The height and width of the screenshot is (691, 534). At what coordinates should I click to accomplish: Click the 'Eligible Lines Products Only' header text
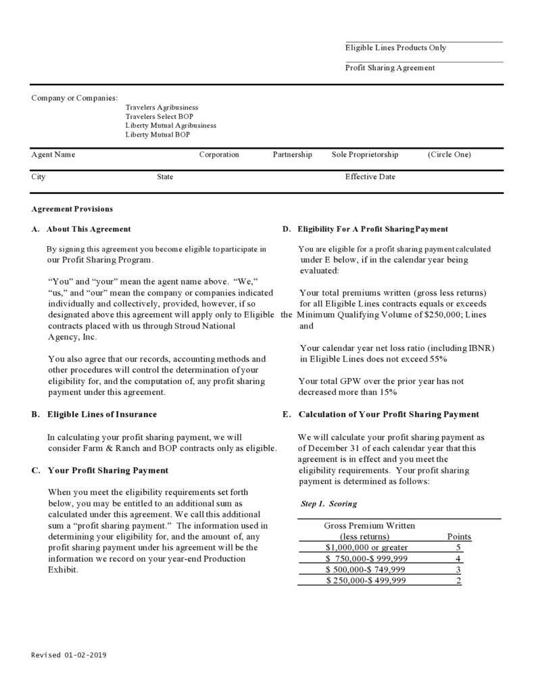[x=395, y=48]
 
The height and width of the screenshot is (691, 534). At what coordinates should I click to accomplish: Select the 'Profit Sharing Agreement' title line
[x=390, y=68]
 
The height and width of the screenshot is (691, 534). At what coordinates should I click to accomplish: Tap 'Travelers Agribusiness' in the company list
[x=162, y=108]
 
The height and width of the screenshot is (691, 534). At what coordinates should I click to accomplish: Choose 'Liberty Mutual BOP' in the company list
[x=157, y=135]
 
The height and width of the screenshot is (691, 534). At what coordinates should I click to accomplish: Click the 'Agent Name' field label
[x=53, y=155]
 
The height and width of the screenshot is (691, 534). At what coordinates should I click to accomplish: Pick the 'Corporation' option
[x=219, y=155]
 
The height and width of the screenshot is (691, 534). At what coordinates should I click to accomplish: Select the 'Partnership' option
[x=293, y=155]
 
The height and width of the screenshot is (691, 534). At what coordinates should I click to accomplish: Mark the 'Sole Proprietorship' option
[x=365, y=155]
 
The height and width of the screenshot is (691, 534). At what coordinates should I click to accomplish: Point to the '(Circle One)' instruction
[x=450, y=155]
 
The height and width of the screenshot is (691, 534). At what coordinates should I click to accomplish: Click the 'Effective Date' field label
[x=370, y=177]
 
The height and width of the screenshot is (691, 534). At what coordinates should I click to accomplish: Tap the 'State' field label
[x=165, y=177]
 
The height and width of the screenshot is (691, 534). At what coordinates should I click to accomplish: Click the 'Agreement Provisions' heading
[x=72, y=209]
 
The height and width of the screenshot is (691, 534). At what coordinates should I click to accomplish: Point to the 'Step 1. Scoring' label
[x=329, y=504]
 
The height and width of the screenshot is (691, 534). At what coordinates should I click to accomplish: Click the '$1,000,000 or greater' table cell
[x=366, y=547]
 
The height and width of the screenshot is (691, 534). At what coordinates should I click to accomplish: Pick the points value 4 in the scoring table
[x=458, y=558]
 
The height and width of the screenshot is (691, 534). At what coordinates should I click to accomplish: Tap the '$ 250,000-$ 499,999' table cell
[x=366, y=580]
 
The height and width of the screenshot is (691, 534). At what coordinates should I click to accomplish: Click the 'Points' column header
[x=459, y=537]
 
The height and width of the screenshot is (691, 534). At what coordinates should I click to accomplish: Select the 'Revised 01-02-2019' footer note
[x=69, y=655]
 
